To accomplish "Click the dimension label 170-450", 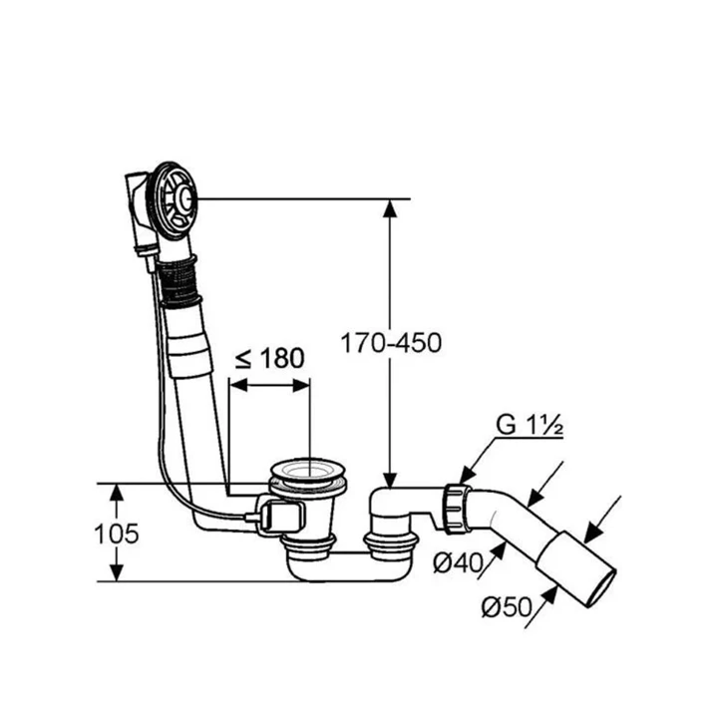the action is tap(391, 343).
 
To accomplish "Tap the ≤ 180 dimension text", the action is tap(269, 358).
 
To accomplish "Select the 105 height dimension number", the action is tap(116, 534).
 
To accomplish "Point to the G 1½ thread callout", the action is tap(530, 426).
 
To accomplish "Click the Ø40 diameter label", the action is tap(458, 562).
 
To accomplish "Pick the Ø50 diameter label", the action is tap(507, 606).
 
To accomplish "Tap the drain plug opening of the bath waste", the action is tap(307, 472).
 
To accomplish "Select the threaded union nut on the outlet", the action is tap(456, 509).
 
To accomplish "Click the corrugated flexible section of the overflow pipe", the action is tap(179, 280).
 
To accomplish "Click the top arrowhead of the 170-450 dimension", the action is tap(390, 207).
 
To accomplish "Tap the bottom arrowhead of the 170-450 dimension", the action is tap(390, 480).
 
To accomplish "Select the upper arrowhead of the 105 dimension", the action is tap(118, 492).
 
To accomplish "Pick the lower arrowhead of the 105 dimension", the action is tap(118, 572).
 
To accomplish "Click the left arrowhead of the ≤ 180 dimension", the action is tap(238, 385).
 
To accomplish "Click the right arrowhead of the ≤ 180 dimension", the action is tap(301, 385).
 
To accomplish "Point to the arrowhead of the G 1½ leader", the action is tap(466, 476).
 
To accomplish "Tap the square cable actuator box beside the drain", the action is tap(282, 517).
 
